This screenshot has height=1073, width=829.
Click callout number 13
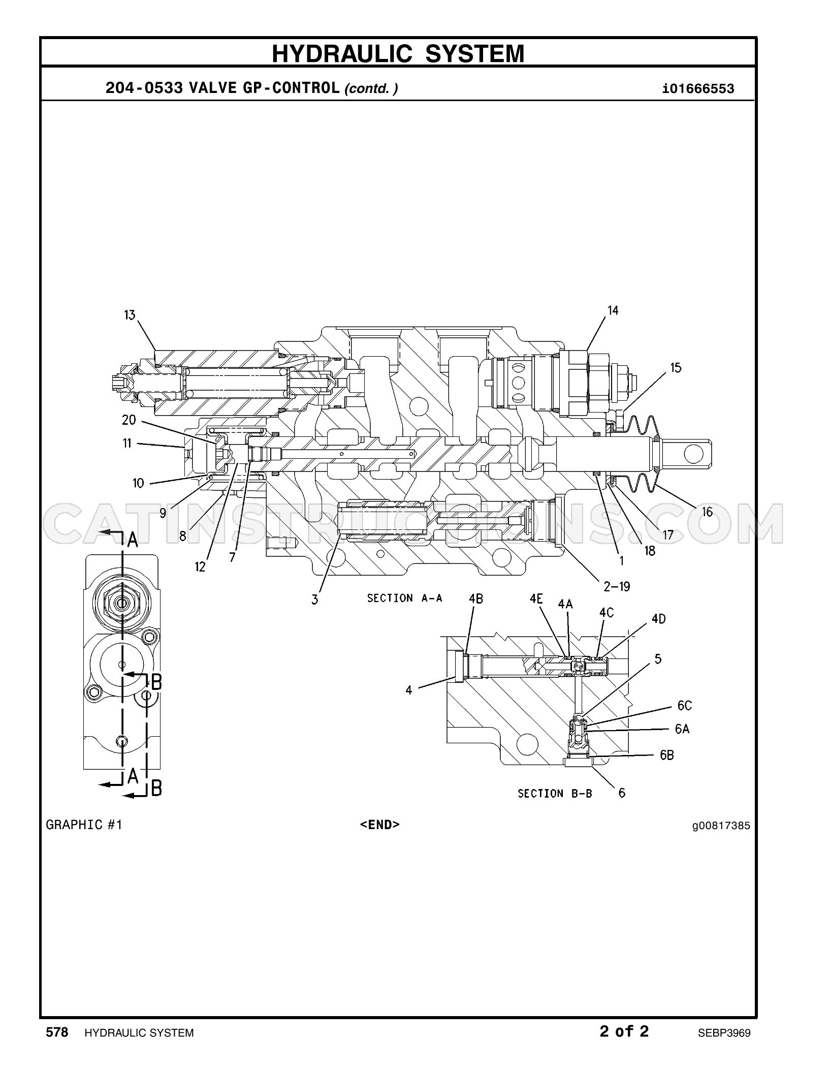pos(130,315)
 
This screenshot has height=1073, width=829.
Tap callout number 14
pos(613,310)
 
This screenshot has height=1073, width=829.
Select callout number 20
pos(129,420)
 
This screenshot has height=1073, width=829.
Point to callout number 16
pos(707,512)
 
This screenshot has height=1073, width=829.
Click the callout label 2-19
pos(617,586)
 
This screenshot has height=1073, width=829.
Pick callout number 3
pos(315,599)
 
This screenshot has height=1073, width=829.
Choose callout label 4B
pos(475,598)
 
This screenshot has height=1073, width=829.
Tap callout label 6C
pos(684,706)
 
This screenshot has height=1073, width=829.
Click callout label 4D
pos(658,619)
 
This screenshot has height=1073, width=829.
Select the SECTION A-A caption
pos(405,598)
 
